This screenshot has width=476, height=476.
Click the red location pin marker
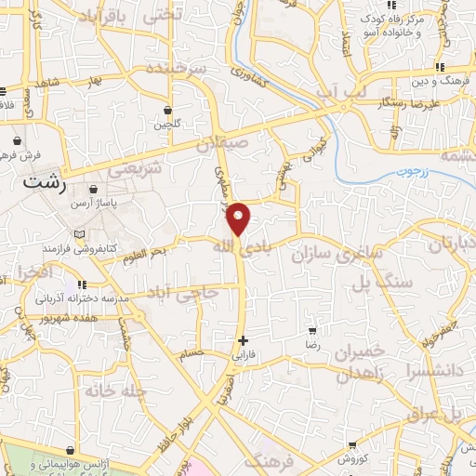[x=239, y=218]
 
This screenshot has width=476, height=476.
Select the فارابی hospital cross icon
[x=244, y=340]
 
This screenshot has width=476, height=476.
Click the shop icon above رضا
[x=312, y=329]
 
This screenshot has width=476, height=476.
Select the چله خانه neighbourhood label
[x=116, y=391]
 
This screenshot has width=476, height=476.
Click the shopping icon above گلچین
[x=167, y=109]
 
